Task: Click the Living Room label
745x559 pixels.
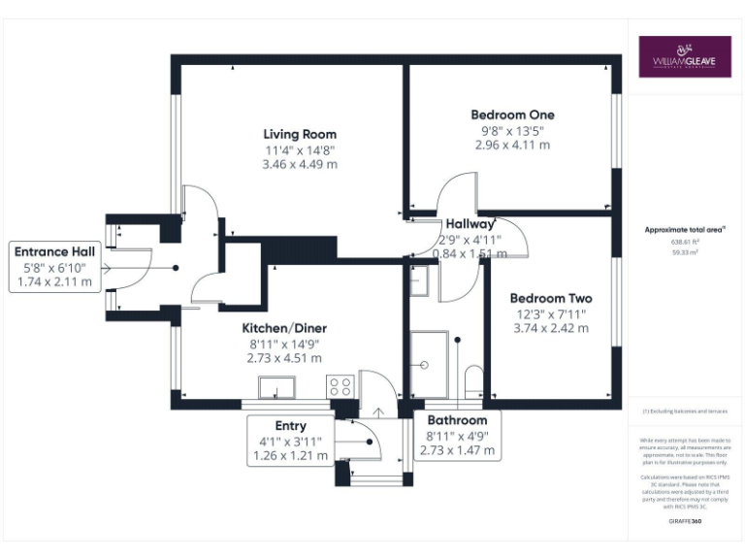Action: click(300, 134)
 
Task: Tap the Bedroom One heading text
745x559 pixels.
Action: click(512, 115)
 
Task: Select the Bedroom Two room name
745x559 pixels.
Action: click(551, 298)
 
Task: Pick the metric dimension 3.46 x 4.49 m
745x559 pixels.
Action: click(300, 165)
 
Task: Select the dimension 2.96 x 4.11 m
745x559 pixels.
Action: click(512, 145)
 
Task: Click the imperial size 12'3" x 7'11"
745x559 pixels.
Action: click(551, 313)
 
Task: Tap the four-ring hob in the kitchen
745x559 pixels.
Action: click(341, 386)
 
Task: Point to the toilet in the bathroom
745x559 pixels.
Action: click(473, 379)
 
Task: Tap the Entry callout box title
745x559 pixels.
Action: click(290, 425)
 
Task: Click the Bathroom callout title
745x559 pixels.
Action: click(458, 420)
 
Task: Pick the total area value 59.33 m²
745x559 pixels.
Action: click(685, 250)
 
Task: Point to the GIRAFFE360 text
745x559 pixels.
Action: click(685, 521)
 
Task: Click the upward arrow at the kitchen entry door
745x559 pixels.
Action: click(377, 410)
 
